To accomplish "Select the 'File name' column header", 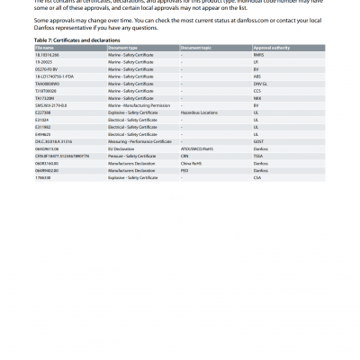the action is click(44, 47).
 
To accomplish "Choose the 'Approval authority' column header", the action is click(271, 47).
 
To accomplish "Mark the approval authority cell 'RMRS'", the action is click(260, 53).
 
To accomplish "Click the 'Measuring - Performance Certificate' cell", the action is click(139, 141).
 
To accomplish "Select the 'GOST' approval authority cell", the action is click(260, 141).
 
